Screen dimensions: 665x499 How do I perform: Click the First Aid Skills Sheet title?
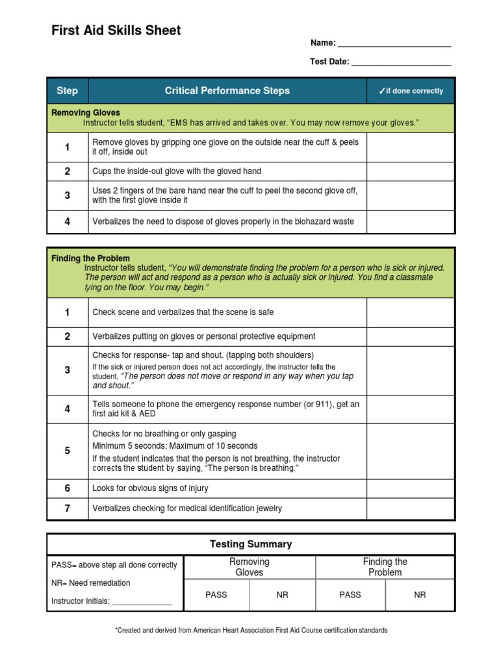pos(116,31)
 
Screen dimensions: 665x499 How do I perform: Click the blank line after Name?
pos(394,44)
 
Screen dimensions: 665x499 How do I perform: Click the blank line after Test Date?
pos(401,63)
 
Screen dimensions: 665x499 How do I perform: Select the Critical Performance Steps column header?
pos(227,91)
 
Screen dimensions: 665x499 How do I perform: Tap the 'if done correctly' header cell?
pos(411,91)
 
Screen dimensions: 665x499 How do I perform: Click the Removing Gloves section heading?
pos(86,112)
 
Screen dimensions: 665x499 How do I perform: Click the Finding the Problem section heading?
pos(90,258)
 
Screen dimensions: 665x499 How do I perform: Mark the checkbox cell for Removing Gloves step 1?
pos(411,147)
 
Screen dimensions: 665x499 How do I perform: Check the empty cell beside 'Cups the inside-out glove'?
pos(411,171)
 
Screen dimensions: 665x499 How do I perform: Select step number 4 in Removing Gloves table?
pos(67,222)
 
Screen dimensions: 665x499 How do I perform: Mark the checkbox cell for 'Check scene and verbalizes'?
pos(411,312)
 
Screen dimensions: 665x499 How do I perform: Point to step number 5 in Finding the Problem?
pos(67,451)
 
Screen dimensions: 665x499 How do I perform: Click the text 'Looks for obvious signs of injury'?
pos(150,488)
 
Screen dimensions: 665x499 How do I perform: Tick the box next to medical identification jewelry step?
pos(411,508)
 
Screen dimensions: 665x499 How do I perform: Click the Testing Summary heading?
pos(251,544)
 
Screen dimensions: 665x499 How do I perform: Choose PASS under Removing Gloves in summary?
pos(216,595)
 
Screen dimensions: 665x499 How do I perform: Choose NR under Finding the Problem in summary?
pos(420,595)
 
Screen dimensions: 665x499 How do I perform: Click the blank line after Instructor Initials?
pos(142,602)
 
